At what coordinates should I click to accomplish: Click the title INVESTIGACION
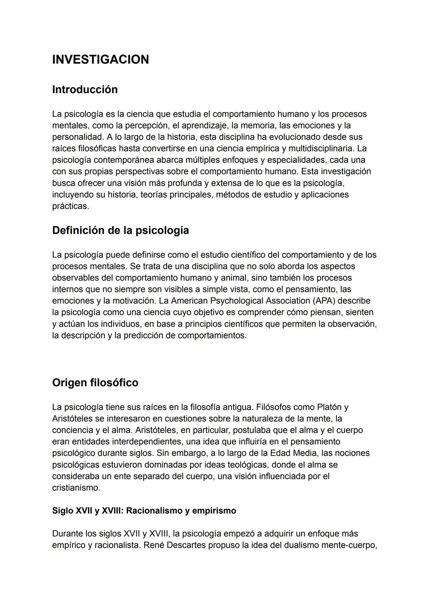[x=100, y=60]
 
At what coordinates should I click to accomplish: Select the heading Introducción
[x=85, y=89]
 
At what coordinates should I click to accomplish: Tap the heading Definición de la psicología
[x=120, y=230]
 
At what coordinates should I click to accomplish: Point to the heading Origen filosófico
[x=95, y=382]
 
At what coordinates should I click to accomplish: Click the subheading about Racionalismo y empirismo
[x=144, y=511]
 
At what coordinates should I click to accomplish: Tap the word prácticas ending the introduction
[x=70, y=206]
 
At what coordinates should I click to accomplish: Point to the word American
[x=189, y=301]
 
